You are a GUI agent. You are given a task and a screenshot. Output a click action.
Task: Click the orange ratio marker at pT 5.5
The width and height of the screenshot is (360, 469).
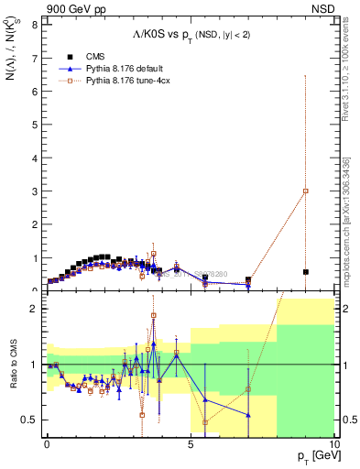205,422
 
